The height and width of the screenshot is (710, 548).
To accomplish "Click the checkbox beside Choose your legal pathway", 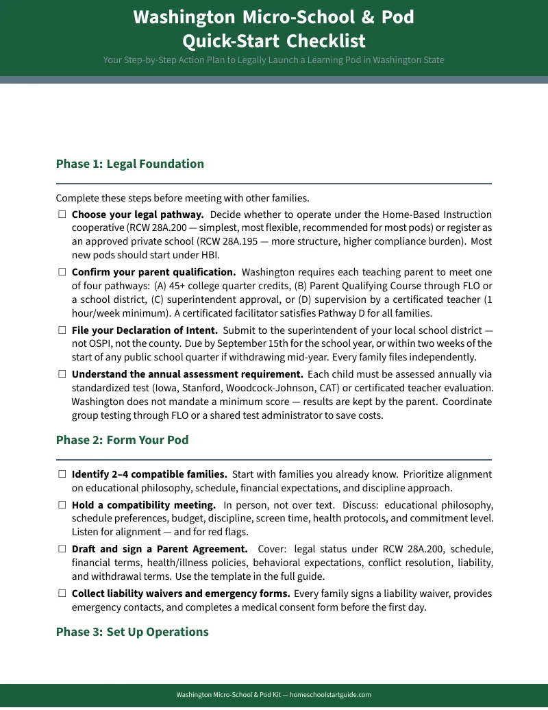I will pyautogui.click(x=62, y=215).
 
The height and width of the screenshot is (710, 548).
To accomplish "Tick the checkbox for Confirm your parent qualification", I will pyautogui.click(x=62, y=272).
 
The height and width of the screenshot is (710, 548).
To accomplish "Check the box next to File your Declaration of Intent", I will pyautogui.click(x=62, y=330).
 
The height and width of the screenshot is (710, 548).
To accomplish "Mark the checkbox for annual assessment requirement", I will pyautogui.click(x=62, y=374).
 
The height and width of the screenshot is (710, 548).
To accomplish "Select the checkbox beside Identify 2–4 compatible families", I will pyautogui.click(x=62, y=474).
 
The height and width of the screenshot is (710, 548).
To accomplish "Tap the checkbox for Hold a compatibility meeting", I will pyautogui.click(x=62, y=505).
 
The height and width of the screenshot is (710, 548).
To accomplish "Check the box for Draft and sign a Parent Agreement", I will pyautogui.click(x=62, y=549).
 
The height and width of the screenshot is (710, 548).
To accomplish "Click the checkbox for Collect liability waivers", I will pyautogui.click(x=62, y=593).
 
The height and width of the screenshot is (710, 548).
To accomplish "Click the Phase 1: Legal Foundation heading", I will pyautogui.click(x=129, y=164).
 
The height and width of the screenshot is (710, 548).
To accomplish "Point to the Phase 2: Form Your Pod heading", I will pyautogui.click(x=122, y=440).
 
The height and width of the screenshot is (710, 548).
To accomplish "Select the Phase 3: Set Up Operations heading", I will pyautogui.click(x=132, y=632).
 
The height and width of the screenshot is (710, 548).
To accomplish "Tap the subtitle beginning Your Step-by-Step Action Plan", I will pyautogui.click(x=273, y=60).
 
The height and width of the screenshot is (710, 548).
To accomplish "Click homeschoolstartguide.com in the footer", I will pyautogui.click(x=330, y=695).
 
